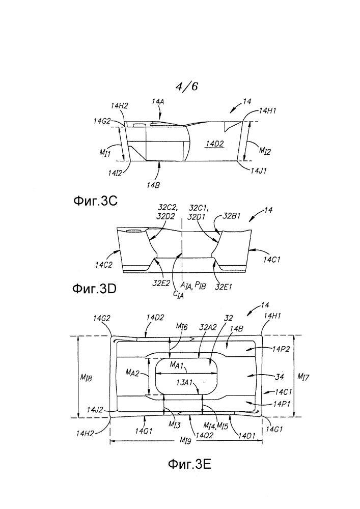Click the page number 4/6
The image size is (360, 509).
(x=187, y=87)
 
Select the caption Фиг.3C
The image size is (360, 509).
(x=95, y=201)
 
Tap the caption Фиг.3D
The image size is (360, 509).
(x=94, y=289)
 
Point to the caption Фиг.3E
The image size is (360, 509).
(x=189, y=464)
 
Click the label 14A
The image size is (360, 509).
(x=158, y=102)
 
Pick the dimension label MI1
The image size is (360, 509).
(x=105, y=152)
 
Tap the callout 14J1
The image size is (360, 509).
(x=258, y=171)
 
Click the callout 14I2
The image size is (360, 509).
(x=115, y=173)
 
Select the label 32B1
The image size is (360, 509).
(x=232, y=216)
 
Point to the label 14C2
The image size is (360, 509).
(x=103, y=265)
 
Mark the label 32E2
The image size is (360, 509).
(x=161, y=283)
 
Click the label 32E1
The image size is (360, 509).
(x=224, y=287)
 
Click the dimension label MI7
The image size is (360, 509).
(x=303, y=377)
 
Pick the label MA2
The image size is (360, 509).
(x=132, y=373)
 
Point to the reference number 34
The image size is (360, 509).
(x=280, y=376)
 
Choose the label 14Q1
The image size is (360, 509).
(x=144, y=431)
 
